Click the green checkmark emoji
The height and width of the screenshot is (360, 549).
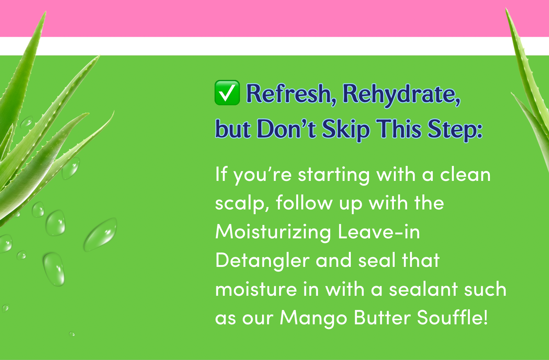coord(227,93)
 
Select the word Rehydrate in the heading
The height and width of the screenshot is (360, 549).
coord(401,95)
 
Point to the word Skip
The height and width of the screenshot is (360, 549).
coord(346,130)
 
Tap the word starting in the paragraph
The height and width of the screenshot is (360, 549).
coord(334,175)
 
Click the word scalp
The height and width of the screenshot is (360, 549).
coord(242,203)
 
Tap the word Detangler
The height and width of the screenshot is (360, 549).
coord(262,261)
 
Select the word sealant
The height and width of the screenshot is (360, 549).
coord(423,289)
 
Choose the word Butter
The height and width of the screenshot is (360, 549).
coord(382,318)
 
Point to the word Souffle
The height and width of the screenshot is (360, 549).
coord(452,317)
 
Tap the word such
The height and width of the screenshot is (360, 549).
coord(485,289)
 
